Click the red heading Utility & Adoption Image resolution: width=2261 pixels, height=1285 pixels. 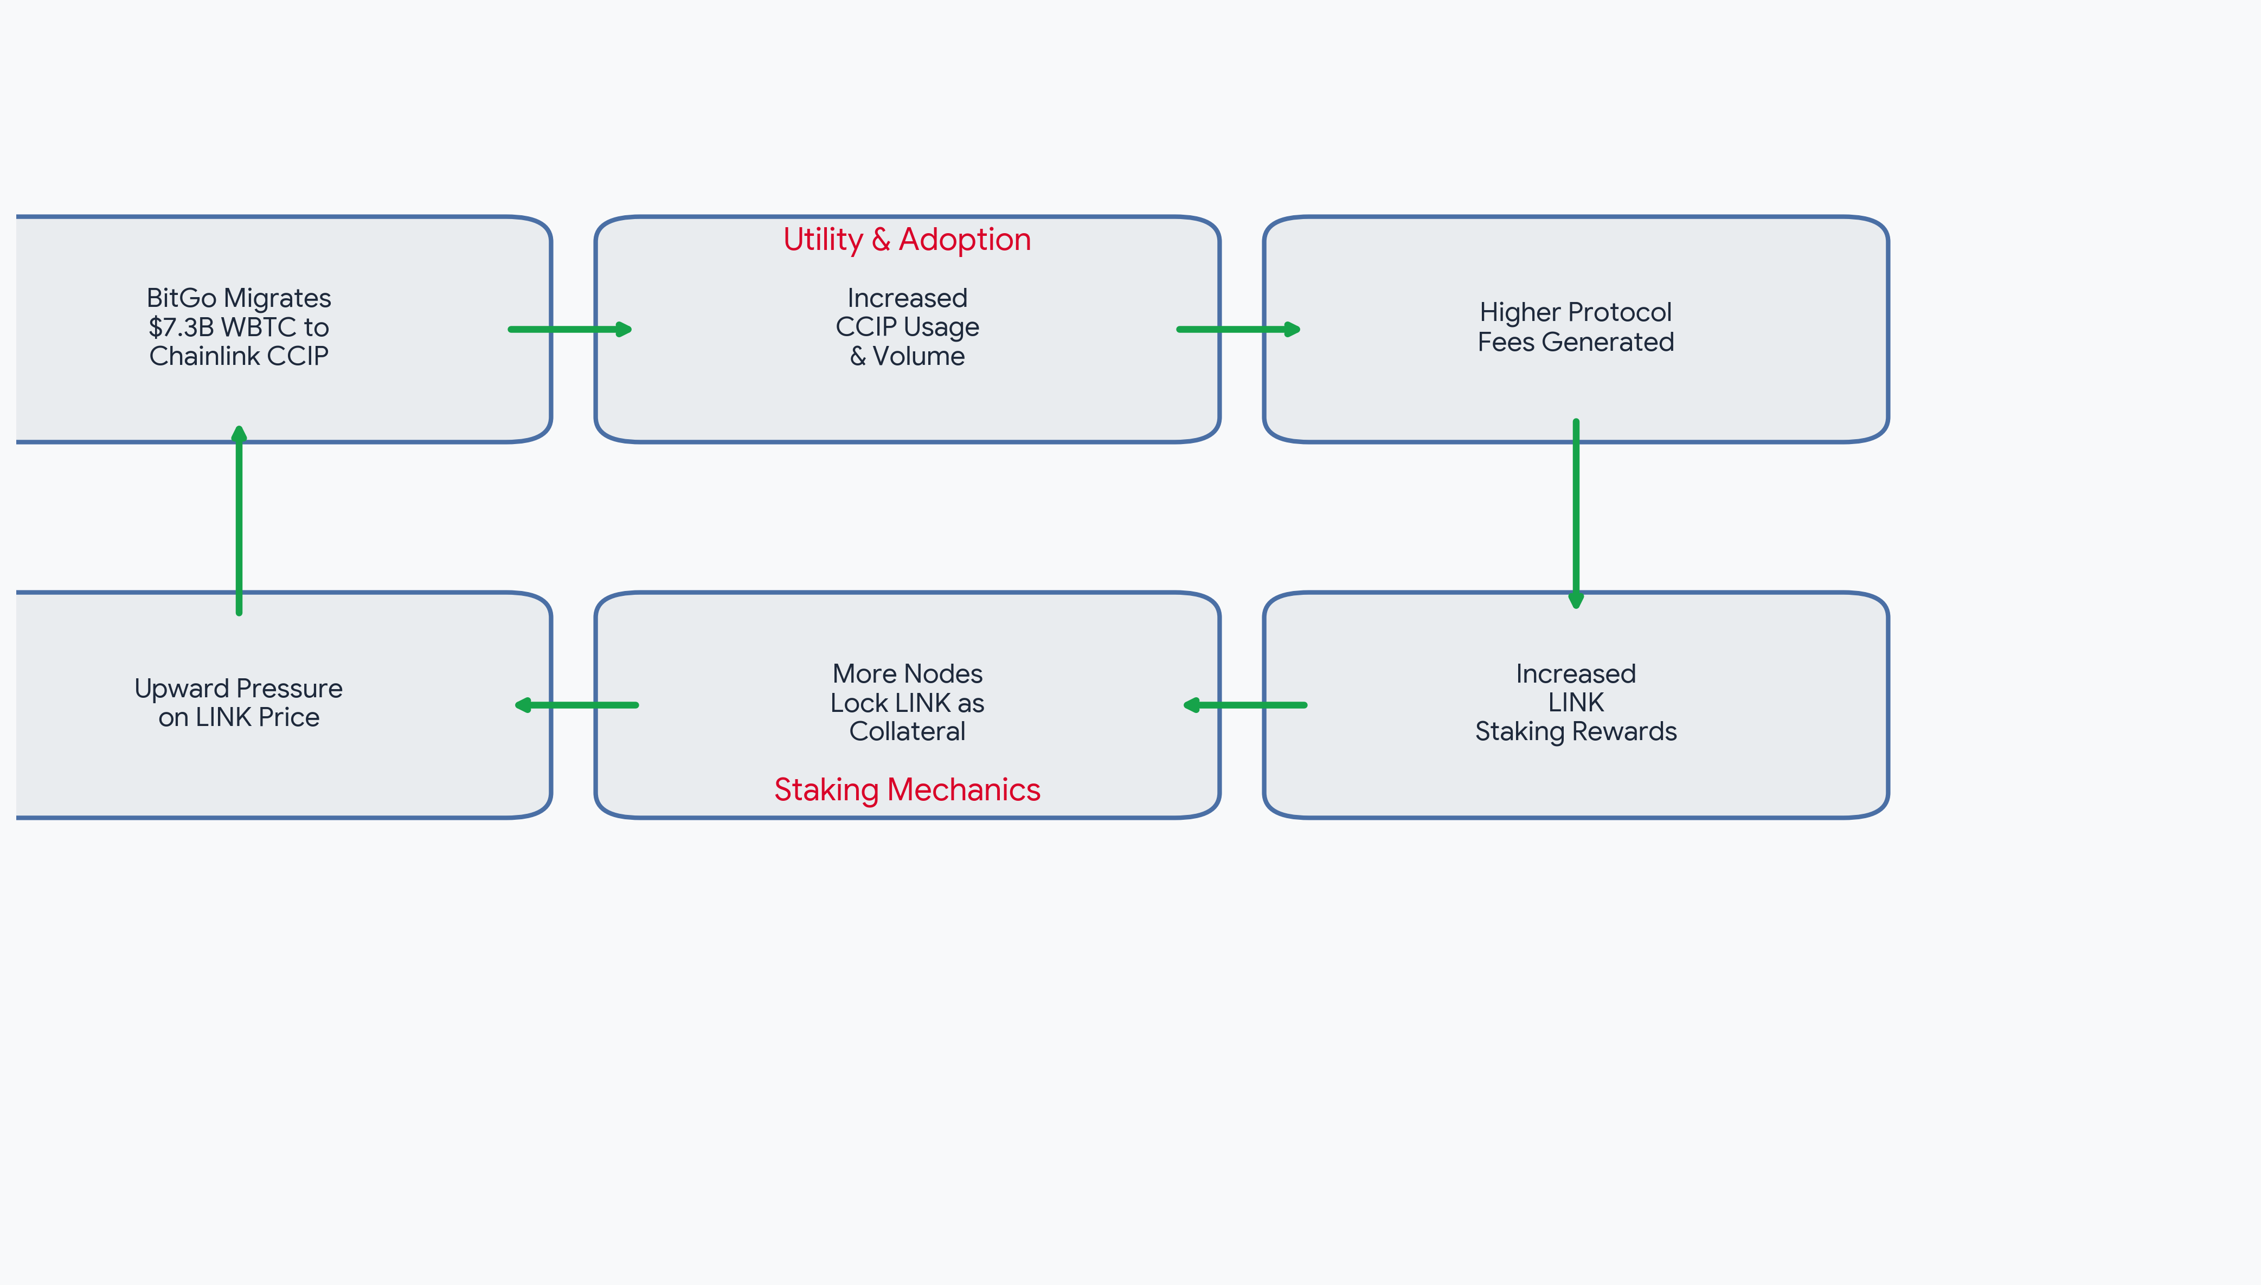click(907, 239)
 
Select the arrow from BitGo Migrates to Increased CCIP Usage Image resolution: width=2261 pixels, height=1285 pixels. click(570, 329)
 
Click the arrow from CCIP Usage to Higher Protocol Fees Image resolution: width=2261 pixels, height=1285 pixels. click(1239, 329)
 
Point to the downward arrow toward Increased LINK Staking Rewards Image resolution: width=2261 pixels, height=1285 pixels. click(1576, 513)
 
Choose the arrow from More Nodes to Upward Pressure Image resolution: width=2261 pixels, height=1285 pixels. click(576, 705)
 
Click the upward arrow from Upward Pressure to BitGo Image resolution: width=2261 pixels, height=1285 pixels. click(239, 521)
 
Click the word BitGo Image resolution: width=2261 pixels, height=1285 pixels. click(181, 298)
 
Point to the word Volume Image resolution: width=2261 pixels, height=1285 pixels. click(918, 356)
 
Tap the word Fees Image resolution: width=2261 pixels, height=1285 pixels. click(1506, 342)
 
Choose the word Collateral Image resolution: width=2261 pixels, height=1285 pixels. click(907, 731)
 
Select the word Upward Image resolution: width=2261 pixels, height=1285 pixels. click(182, 689)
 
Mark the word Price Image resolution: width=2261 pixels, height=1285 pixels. click(288, 717)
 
